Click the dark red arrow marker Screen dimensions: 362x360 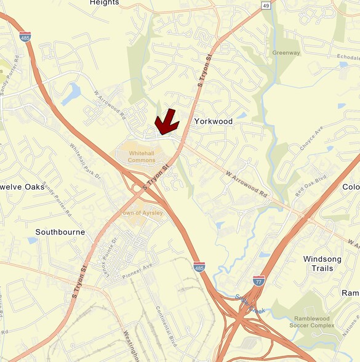166,122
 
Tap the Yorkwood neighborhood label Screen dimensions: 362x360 214,121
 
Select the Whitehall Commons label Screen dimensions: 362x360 142,156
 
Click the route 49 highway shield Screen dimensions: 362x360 266,6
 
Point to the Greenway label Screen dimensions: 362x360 287,53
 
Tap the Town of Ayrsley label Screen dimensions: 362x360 142,213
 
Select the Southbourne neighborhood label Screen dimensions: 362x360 60,232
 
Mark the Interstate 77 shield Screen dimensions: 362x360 260,281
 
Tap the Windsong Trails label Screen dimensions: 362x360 326,263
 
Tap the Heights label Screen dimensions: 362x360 104,3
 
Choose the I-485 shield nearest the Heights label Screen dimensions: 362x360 25,36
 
